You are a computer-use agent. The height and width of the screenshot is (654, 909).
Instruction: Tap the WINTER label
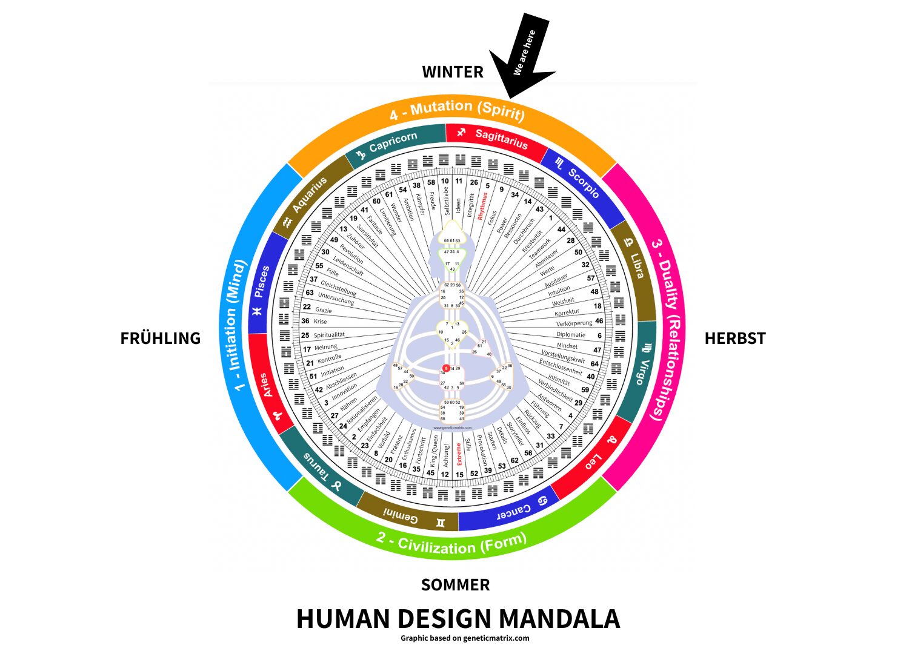pyautogui.click(x=453, y=72)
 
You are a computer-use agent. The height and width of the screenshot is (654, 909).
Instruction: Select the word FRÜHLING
pyautogui.click(x=160, y=338)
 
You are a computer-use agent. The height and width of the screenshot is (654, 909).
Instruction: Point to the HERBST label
pyautogui.click(x=734, y=338)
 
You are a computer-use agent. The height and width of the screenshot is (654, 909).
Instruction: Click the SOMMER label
pyautogui.click(x=455, y=585)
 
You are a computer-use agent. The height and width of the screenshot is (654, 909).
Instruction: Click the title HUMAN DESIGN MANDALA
pyautogui.click(x=458, y=619)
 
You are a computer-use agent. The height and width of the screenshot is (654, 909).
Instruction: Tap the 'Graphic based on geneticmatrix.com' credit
pyautogui.click(x=465, y=638)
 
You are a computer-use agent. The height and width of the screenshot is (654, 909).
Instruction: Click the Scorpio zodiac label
pyautogui.click(x=582, y=182)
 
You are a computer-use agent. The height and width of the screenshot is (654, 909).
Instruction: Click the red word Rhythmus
pyautogui.click(x=482, y=206)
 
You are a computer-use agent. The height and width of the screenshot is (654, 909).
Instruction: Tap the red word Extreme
pyautogui.click(x=459, y=454)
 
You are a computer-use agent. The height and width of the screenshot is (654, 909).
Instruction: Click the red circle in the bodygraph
pyautogui.click(x=446, y=368)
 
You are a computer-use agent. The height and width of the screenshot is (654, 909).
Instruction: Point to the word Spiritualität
pyautogui.click(x=329, y=335)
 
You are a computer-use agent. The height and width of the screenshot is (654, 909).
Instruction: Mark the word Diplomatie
pyautogui.click(x=571, y=334)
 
